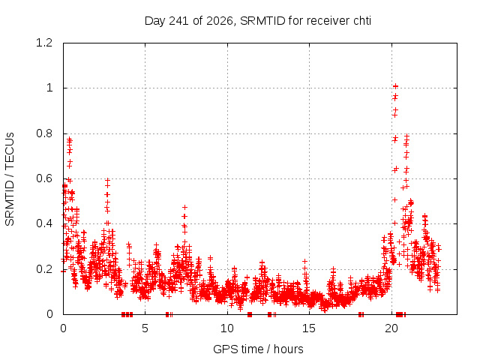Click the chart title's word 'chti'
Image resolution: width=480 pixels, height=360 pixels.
[x=362, y=21]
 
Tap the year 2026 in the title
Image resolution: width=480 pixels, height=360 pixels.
[x=220, y=21]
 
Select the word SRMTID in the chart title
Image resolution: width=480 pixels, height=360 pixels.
[x=262, y=21]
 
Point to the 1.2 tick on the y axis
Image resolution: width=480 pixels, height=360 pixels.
[x=44, y=43]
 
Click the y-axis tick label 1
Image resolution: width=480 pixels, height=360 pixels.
[x=49, y=88]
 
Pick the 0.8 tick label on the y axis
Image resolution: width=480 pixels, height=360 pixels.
[x=44, y=133]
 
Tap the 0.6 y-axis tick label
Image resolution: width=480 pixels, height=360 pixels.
[x=44, y=178]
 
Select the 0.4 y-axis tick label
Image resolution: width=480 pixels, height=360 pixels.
[x=44, y=223]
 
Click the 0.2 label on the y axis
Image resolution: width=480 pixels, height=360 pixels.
[x=44, y=269]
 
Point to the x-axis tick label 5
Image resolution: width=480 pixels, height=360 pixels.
[x=145, y=328]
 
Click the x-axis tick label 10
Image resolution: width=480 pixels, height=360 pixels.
[x=227, y=328]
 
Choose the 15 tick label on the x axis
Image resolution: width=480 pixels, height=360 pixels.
[x=309, y=328]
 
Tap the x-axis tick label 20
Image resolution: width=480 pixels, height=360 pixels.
[x=391, y=328]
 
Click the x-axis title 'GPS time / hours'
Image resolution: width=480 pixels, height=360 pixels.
[x=258, y=349]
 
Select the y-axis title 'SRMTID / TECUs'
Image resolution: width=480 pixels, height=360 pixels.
[x=10, y=179]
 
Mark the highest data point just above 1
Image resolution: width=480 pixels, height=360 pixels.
[x=395, y=86]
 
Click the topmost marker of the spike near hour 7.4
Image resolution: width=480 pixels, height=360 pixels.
[x=184, y=208]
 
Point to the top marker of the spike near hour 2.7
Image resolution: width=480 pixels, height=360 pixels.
[x=107, y=180]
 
